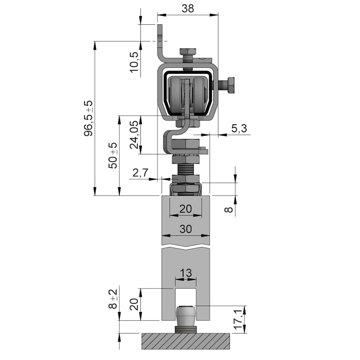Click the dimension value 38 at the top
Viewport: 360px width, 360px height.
coord(188,9)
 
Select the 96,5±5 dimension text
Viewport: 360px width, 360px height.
coord(89,118)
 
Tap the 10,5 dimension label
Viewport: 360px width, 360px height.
coord(135,62)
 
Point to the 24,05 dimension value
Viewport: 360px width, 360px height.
coord(135,135)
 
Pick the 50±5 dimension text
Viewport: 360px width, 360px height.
coord(113,156)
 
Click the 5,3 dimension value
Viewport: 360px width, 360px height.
coord(239,128)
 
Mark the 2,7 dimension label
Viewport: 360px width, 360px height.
coord(140,173)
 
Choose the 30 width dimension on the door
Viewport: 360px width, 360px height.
coord(185,229)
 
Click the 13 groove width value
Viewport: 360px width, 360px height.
coord(185,273)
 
